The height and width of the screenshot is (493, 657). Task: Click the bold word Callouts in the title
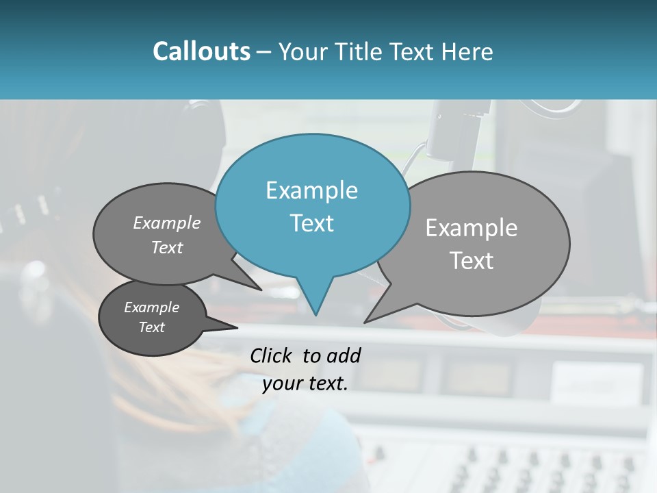coord(201,51)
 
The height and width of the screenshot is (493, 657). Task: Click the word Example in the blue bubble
coord(311,190)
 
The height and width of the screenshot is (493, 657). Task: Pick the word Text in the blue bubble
coord(311,223)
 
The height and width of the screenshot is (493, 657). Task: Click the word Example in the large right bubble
coord(472,228)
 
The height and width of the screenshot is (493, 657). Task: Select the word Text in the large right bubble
coord(472,261)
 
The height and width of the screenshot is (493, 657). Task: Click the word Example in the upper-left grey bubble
coord(167,223)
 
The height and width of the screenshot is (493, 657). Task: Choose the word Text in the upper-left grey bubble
coord(167,247)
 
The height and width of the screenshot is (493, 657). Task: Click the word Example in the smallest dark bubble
coord(151,307)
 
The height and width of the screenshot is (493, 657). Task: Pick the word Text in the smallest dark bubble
coord(151,327)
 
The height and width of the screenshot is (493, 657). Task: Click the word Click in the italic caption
coord(270,355)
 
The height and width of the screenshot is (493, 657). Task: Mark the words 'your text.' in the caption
coord(305,383)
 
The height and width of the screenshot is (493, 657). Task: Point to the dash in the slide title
coord(264,52)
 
